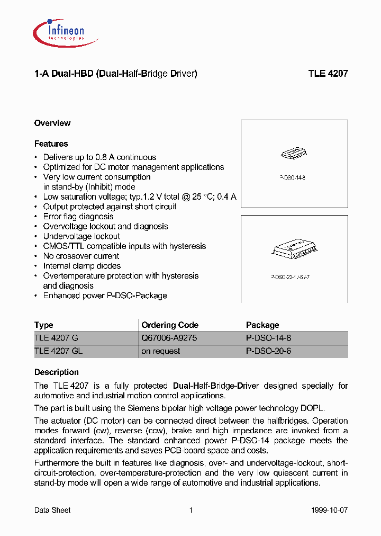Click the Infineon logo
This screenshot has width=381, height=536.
coord(59,31)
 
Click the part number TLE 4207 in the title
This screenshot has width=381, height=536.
coord(328,74)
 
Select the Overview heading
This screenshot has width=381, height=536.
coord(52,123)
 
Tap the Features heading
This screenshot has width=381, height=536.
coord(51,144)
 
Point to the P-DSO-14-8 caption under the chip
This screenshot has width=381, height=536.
coord(293,178)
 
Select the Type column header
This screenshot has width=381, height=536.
coord(44,325)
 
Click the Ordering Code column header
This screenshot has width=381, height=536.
coord(170,325)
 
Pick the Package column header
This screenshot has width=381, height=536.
coord(262,325)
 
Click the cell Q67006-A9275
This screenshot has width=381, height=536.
coord(169,338)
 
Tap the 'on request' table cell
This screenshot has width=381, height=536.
coord(161,351)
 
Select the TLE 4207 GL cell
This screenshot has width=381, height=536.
coord(58,351)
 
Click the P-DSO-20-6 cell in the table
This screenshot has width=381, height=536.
coord(268,351)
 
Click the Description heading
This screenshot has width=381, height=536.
coord(57,372)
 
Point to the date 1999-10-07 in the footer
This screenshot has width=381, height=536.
coord(330,510)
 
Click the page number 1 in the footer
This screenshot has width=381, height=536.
coord(190,510)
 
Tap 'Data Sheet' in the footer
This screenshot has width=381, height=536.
coord(52,510)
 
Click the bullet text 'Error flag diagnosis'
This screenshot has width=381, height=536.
coord(78,217)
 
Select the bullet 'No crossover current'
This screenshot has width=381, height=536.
coord(81,256)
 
